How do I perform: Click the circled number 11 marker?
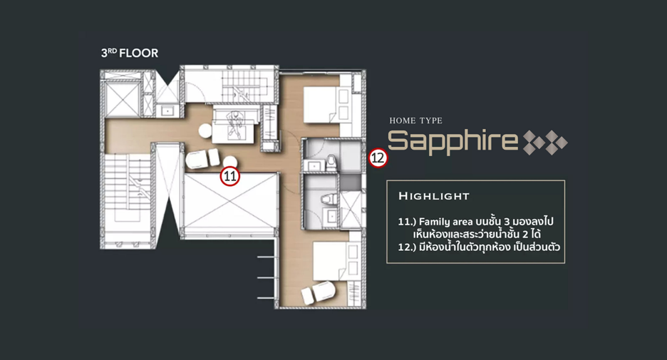point(230,176)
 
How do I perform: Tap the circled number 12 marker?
point(378,158)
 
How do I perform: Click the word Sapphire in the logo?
point(453,141)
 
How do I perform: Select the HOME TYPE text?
point(415,121)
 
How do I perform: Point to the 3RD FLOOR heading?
point(130,53)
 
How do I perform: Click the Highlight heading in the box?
point(434,196)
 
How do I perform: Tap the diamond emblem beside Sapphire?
point(545,143)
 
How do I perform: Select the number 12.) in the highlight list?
point(407,247)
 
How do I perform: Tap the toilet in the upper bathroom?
point(331,163)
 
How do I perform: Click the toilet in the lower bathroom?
point(329,199)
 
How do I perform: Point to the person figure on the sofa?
point(234,124)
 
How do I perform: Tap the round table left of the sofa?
point(205,130)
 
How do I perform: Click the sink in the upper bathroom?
point(314,165)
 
